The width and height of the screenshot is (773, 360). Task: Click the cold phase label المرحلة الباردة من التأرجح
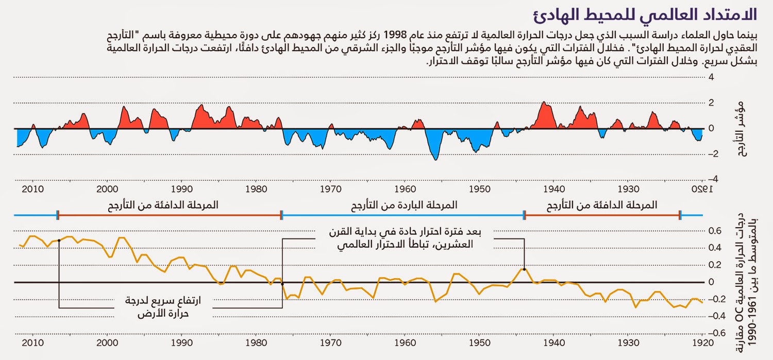click(405, 205)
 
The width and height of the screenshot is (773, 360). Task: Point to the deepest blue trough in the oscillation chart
click(435, 159)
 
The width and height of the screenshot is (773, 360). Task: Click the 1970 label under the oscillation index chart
click(330, 188)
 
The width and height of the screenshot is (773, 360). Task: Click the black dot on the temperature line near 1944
click(524, 269)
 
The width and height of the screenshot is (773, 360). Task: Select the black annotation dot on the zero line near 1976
click(282, 283)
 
